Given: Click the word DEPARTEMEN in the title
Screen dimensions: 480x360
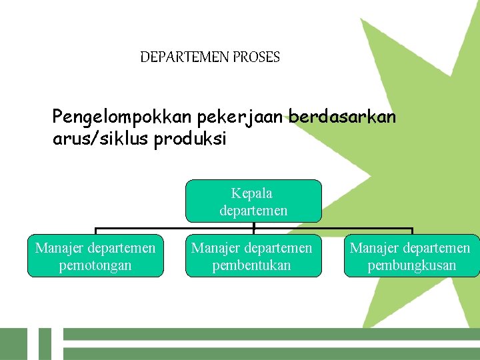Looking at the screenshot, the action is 185,57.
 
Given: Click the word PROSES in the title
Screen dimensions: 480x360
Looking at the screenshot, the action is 256,57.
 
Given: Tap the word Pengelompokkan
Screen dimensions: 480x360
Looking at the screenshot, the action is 123,118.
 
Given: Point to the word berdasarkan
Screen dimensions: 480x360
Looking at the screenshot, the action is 342,118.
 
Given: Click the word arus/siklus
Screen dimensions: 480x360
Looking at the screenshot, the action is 101,139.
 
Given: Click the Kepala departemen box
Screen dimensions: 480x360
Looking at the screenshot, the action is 253,201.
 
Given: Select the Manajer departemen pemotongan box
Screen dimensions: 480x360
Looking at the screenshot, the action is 95,256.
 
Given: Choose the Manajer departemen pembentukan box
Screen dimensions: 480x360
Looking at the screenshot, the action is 252,256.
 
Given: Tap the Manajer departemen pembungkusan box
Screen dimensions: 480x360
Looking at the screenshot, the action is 411,256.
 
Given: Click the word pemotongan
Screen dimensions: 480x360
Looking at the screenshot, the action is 95,265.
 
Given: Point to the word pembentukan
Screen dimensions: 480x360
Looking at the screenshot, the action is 252,265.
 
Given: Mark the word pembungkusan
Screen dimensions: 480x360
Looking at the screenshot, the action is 412,265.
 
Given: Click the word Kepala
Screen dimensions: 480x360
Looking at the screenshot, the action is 252,193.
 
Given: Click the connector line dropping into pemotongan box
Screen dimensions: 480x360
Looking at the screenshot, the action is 95,231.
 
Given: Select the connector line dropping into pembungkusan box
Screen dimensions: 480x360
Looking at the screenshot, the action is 413,231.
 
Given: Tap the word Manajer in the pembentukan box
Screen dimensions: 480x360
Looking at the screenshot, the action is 214,249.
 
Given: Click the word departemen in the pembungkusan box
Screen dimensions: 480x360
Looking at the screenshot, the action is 435,249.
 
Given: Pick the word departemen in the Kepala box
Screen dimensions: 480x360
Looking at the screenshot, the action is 253,211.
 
